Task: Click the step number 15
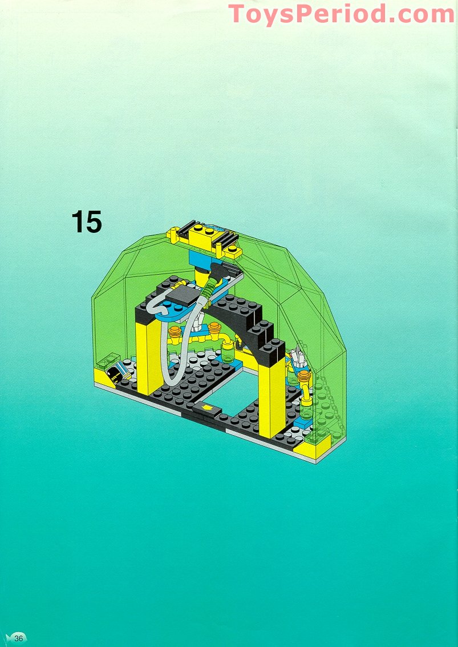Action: click(x=87, y=222)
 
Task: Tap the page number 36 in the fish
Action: click(x=18, y=638)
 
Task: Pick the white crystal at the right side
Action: click(x=299, y=360)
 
